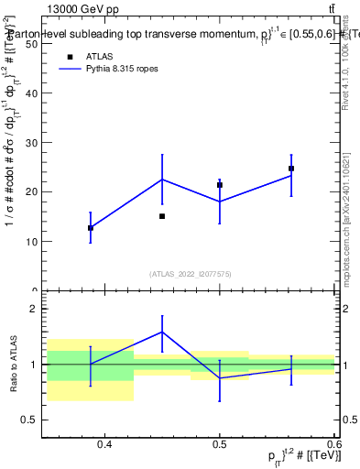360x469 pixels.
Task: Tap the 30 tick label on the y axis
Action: tap(30, 142)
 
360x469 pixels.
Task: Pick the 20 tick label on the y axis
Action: tap(30, 191)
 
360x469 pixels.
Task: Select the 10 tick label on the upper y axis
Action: tap(30, 241)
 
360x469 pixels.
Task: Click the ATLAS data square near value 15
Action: tap(162, 216)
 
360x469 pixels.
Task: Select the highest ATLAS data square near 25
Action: tap(291, 169)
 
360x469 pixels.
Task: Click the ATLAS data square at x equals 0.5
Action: tap(220, 185)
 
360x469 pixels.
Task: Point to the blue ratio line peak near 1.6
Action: tap(162, 332)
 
